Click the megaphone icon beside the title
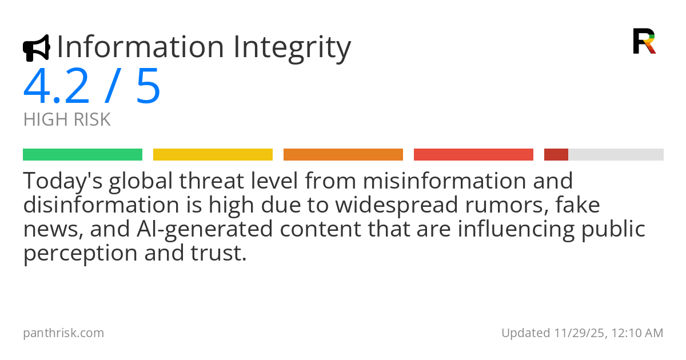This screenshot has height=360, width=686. [x=37, y=48]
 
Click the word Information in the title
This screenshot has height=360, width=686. [x=141, y=47]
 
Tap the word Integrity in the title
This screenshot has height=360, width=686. [x=292, y=49]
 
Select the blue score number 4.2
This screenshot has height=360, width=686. [x=56, y=86]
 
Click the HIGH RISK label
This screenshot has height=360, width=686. [x=67, y=119]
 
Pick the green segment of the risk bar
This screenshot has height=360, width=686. [x=83, y=155]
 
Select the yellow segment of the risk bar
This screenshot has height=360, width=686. [x=213, y=155]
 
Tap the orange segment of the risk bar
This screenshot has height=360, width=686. [x=343, y=155]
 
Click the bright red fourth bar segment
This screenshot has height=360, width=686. [x=473, y=155]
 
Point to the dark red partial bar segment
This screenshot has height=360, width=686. [x=556, y=155]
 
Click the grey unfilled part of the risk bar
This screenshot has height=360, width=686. [x=616, y=155]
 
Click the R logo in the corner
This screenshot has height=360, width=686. [x=644, y=41]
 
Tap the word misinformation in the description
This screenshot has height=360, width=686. [x=445, y=181]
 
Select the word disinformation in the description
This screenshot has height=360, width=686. [x=101, y=205]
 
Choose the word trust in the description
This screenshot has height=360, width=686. [x=218, y=254]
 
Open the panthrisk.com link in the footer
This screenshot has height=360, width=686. [x=63, y=333]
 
